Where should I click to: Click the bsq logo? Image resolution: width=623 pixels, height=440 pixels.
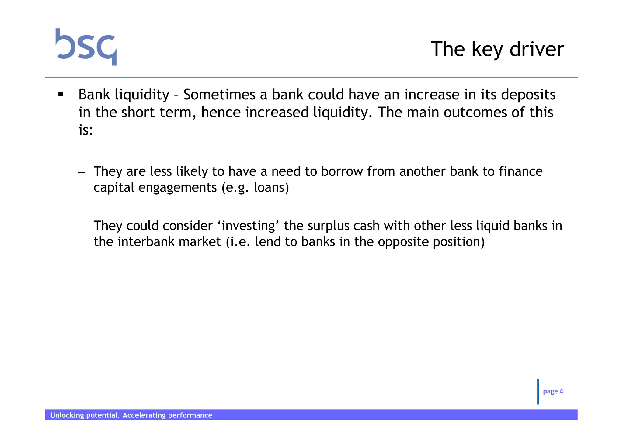tap(86, 47)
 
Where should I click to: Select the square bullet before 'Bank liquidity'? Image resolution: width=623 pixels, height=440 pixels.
tap(61, 95)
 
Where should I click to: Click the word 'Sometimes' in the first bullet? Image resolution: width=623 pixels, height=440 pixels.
tap(219, 95)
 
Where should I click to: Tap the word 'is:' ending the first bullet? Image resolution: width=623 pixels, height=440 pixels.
tap(85, 130)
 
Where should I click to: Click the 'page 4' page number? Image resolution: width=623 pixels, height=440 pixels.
tap(553, 391)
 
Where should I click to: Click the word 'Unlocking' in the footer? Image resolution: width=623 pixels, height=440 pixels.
tap(67, 415)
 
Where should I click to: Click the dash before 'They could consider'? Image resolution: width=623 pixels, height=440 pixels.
tap(82, 227)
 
